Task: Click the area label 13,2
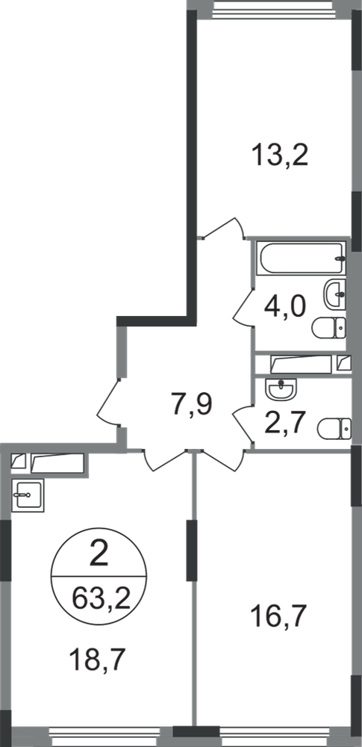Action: pos(281,155)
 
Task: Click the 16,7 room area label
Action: pos(278,619)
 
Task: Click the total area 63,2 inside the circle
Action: pos(102,598)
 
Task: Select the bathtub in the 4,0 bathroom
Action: pos(301,258)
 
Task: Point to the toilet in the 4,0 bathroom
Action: pos(329,328)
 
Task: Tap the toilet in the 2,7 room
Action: pos(334,428)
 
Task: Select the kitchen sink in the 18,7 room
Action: pos(28,495)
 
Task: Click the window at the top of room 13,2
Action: pos(274,10)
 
